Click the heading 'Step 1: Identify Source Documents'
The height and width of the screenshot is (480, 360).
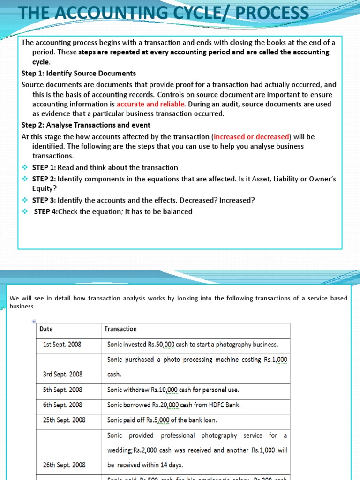click(79, 73)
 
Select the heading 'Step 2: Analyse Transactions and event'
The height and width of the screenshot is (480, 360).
click(86, 125)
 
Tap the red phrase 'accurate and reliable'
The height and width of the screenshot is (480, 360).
click(151, 104)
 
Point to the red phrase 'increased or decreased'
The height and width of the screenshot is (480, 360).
click(251, 136)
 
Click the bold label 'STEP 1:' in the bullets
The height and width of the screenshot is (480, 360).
click(44, 167)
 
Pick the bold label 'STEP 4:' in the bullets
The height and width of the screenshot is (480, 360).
click(46, 211)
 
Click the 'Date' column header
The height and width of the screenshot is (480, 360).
click(46, 329)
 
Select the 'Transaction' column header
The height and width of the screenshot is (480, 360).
click(120, 329)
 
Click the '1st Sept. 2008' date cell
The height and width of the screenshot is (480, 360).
click(62, 344)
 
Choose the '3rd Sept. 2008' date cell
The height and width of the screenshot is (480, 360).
click(63, 374)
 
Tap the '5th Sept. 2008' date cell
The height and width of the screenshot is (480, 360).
click(63, 390)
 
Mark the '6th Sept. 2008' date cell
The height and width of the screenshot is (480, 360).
click(63, 405)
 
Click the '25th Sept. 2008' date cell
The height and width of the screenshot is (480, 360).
click(64, 420)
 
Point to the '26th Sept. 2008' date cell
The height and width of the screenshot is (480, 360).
click(64, 465)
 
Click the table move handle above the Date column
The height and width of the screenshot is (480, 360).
click(33, 321)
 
